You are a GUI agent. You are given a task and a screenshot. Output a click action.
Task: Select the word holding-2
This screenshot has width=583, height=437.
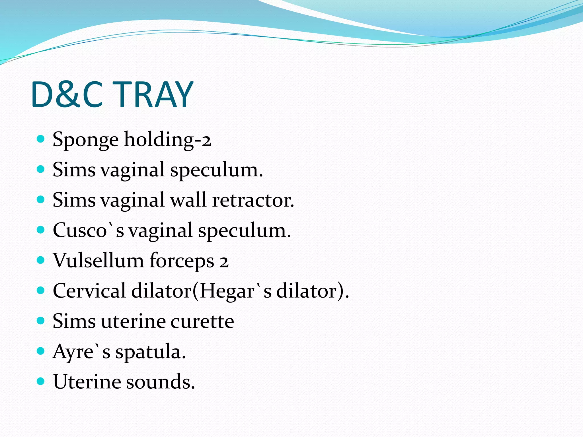point(168,139)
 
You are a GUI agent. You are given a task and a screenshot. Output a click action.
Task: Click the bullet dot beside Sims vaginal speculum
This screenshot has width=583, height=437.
point(41,169)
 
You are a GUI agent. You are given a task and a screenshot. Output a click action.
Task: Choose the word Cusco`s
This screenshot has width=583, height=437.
point(89,230)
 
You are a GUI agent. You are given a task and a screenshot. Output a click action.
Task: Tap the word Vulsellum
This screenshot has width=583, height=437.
point(98,261)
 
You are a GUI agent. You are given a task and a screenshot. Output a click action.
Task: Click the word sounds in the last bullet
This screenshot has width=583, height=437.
point(161,382)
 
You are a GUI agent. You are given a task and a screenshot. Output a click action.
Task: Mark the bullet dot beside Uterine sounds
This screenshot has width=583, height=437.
point(41,381)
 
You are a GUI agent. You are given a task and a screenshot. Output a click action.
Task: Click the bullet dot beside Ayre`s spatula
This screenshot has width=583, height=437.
point(41,351)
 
